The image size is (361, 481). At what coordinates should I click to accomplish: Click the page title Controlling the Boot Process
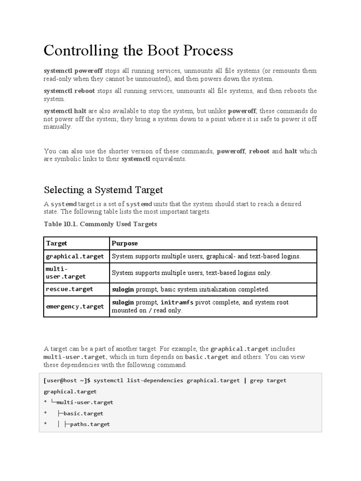tap(138, 51)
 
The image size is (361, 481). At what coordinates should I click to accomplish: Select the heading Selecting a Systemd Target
tap(103, 190)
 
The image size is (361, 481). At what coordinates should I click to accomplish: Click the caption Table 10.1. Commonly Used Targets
tap(100, 224)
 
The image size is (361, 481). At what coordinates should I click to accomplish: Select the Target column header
tap(56, 243)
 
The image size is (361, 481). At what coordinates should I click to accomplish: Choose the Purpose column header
tap(125, 243)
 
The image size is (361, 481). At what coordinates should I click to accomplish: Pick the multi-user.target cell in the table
tap(66, 273)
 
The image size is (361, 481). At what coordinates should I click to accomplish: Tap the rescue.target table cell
tap(69, 289)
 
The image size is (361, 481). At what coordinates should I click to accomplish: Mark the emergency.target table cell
tap(75, 307)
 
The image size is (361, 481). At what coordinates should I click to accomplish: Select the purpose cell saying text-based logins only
tap(192, 273)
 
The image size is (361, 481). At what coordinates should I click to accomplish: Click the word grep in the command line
tap(257, 380)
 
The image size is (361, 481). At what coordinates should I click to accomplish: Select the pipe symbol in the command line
tap(244, 380)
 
